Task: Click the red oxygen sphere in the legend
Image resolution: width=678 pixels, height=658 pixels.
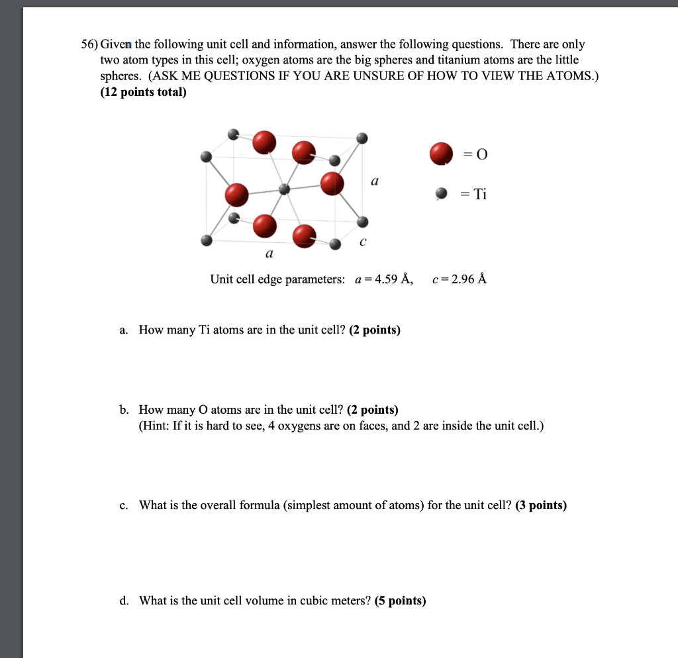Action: [441, 154]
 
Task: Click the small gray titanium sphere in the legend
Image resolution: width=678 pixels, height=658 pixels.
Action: [441, 193]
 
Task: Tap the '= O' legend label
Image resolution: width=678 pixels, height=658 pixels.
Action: [475, 154]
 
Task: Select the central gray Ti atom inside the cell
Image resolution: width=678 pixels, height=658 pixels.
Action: [285, 189]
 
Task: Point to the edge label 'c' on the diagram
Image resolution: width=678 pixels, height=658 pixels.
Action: [362, 242]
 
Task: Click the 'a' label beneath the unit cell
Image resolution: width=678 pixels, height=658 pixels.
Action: [269, 254]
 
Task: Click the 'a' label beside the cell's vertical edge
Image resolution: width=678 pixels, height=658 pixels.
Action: [375, 180]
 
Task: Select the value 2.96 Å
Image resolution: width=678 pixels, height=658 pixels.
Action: [466, 279]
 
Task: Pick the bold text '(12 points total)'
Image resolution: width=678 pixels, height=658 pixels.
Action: [144, 92]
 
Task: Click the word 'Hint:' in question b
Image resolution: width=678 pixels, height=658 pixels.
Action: [156, 426]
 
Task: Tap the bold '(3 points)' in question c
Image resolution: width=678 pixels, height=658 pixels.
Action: [540, 505]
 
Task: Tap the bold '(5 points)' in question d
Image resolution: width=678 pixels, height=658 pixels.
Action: [400, 600]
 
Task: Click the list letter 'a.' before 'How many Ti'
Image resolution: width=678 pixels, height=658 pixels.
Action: [124, 329]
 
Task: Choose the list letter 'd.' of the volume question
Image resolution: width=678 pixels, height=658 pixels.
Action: [124, 600]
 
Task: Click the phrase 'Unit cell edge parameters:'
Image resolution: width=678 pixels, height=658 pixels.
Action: [277, 279]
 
